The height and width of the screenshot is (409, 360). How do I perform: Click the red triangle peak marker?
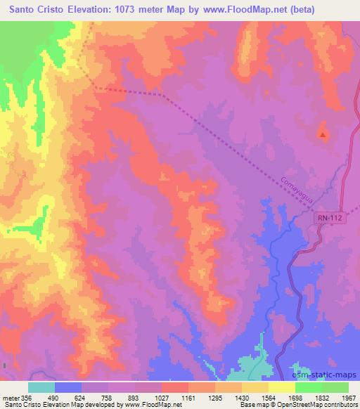(323, 134)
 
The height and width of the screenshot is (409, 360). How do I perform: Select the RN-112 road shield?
(328, 219)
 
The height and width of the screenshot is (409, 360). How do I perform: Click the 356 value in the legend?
(26, 398)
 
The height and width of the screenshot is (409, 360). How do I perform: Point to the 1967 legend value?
(348, 398)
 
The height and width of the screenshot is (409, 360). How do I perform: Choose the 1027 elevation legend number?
(161, 398)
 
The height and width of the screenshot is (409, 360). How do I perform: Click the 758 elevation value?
(108, 398)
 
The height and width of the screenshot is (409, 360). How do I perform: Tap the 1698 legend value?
(295, 398)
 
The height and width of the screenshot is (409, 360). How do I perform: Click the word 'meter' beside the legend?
(10, 398)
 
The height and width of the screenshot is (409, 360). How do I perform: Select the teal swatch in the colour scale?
(41, 387)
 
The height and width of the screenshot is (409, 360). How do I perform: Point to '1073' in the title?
(121, 9)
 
